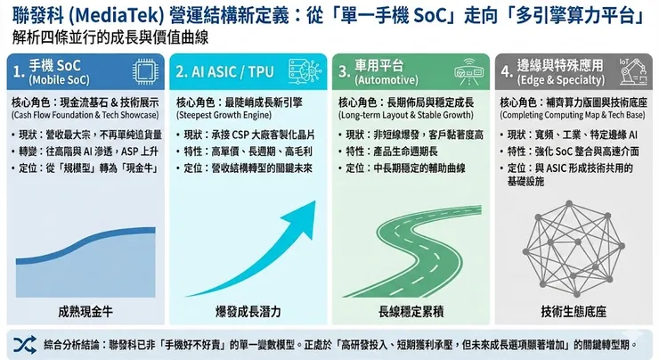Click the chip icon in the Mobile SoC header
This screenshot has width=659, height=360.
142,72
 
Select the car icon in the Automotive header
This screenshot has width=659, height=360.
468,72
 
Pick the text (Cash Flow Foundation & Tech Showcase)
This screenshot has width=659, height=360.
85,114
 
